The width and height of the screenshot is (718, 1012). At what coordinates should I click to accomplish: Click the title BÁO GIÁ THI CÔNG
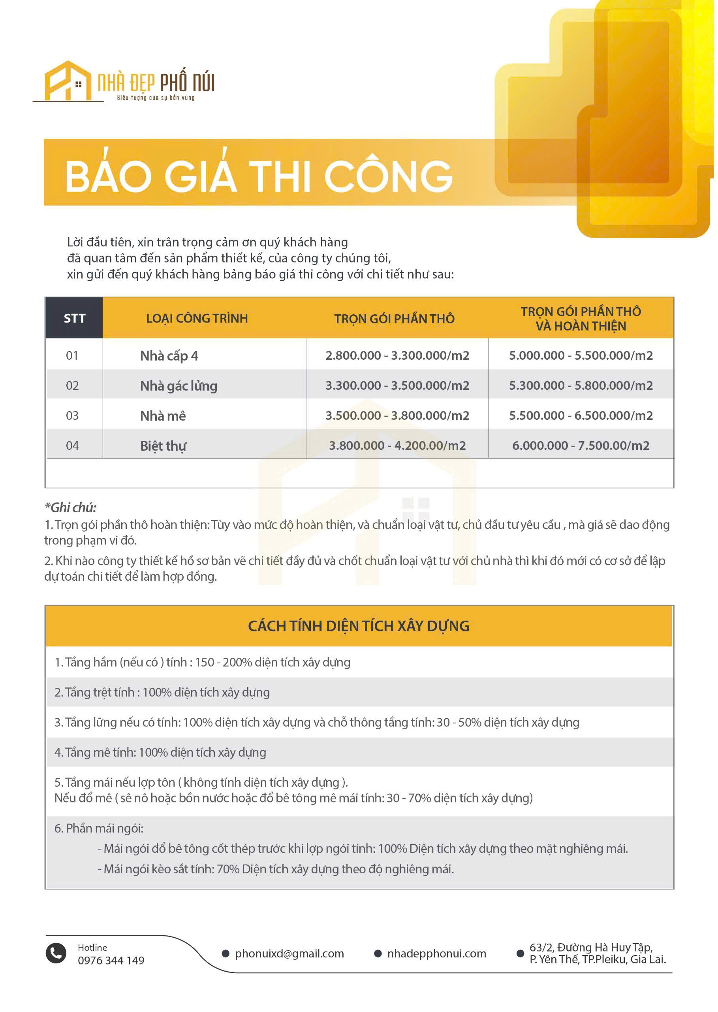pyautogui.click(x=260, y=176)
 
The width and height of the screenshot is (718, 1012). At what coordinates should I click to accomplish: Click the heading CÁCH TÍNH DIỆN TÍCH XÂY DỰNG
pyautogui.click(x=360, y=629)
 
